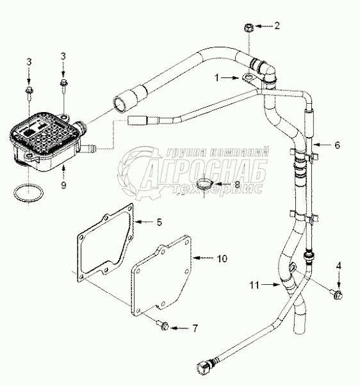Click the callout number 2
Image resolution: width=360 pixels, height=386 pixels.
[x=277, y=26]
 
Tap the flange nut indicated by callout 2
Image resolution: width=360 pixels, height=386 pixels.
[x=249, y=28]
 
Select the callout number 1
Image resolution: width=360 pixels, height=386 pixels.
[x=217, y=78]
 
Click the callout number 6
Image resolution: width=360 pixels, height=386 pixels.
[x=337, y=145]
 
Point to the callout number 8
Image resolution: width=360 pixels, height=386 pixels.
[x=237, y=184]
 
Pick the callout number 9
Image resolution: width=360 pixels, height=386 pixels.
[x=63, y=184]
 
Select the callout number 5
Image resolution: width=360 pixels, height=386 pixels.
[x=160, y=222]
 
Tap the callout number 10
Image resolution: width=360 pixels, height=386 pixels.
[x=222, y=259]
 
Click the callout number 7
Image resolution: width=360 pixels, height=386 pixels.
[x=195, y=328]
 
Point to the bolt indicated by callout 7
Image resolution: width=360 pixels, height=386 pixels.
[x=163, y=325]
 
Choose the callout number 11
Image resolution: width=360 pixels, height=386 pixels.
[x=254, y=285]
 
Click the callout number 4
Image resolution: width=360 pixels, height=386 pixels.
[x=339, y=266]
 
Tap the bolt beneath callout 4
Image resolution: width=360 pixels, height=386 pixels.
[x=337, y=294]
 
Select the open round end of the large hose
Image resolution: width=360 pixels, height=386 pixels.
[x=120, y=104]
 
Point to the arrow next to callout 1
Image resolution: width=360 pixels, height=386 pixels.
[x=230, y=78]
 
